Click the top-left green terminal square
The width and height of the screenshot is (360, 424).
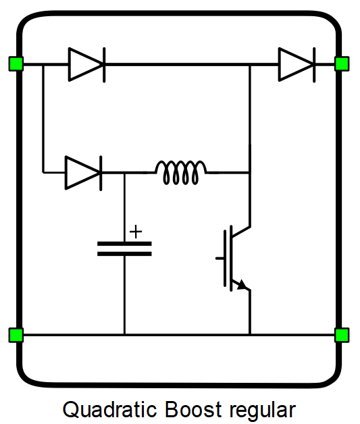click(16, 64)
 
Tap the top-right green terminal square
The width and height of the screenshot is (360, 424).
click(342, 64)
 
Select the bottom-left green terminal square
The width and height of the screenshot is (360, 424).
click(16, 335)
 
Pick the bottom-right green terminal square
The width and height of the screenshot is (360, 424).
click(342, 335)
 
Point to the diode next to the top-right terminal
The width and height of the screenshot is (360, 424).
click(297, 65)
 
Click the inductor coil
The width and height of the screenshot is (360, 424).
click(181, 173)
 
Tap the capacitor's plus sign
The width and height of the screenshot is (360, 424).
click(136, 232)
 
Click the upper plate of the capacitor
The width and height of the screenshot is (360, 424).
click(124, 244)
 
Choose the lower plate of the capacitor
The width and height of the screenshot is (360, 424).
click(124, 254)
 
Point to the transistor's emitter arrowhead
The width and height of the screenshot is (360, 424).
click(242, 285)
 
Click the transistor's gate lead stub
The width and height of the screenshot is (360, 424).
click(220, 259)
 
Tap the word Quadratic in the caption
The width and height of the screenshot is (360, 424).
click(110, 409)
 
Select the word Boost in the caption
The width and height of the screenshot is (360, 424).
click(193, 409)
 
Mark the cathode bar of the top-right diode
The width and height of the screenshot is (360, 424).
click(314, 65)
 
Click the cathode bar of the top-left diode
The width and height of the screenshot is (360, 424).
click(104, 65)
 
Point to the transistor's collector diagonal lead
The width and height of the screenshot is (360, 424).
click(240, 232)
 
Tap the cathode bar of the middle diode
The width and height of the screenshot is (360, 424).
click(101, 174)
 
